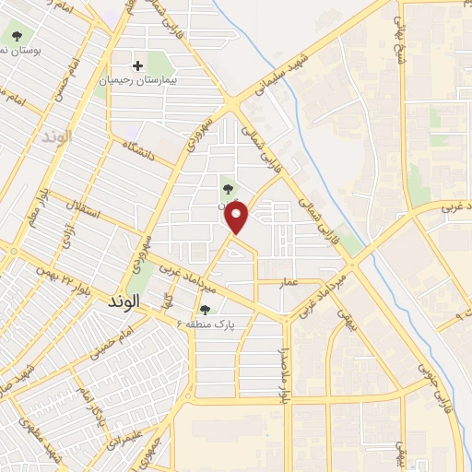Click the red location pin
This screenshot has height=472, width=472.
pos(239,218)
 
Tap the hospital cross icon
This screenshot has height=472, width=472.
pos(138,65)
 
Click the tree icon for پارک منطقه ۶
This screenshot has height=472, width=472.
pos(204,310)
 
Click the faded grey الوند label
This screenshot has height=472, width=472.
pos(56,136)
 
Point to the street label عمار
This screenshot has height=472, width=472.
pos(292,285)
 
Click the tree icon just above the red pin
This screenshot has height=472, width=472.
pos(228,190)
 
